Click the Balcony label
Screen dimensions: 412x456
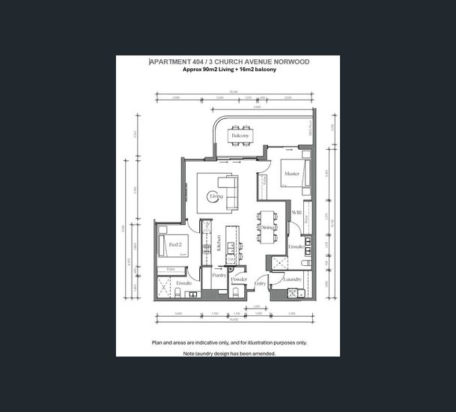click(240, 135)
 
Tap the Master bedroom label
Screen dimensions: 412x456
click(291, 175)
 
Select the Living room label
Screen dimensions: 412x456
click(216, 196)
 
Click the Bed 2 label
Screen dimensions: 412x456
click(176, 245)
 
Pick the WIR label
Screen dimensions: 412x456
click(296, 213)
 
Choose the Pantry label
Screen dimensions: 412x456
click(219, 276)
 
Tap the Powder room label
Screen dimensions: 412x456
click(239, 279)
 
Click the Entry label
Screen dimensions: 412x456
click(261, 283)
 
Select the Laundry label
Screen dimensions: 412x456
click(292, 279)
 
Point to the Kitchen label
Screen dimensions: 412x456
click(219, 242)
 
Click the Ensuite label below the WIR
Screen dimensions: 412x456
click(296, 246)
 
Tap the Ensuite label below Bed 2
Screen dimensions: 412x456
click(184, 283)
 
